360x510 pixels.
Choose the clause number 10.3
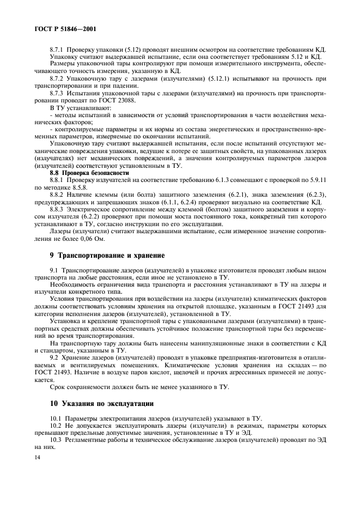[57, 440]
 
